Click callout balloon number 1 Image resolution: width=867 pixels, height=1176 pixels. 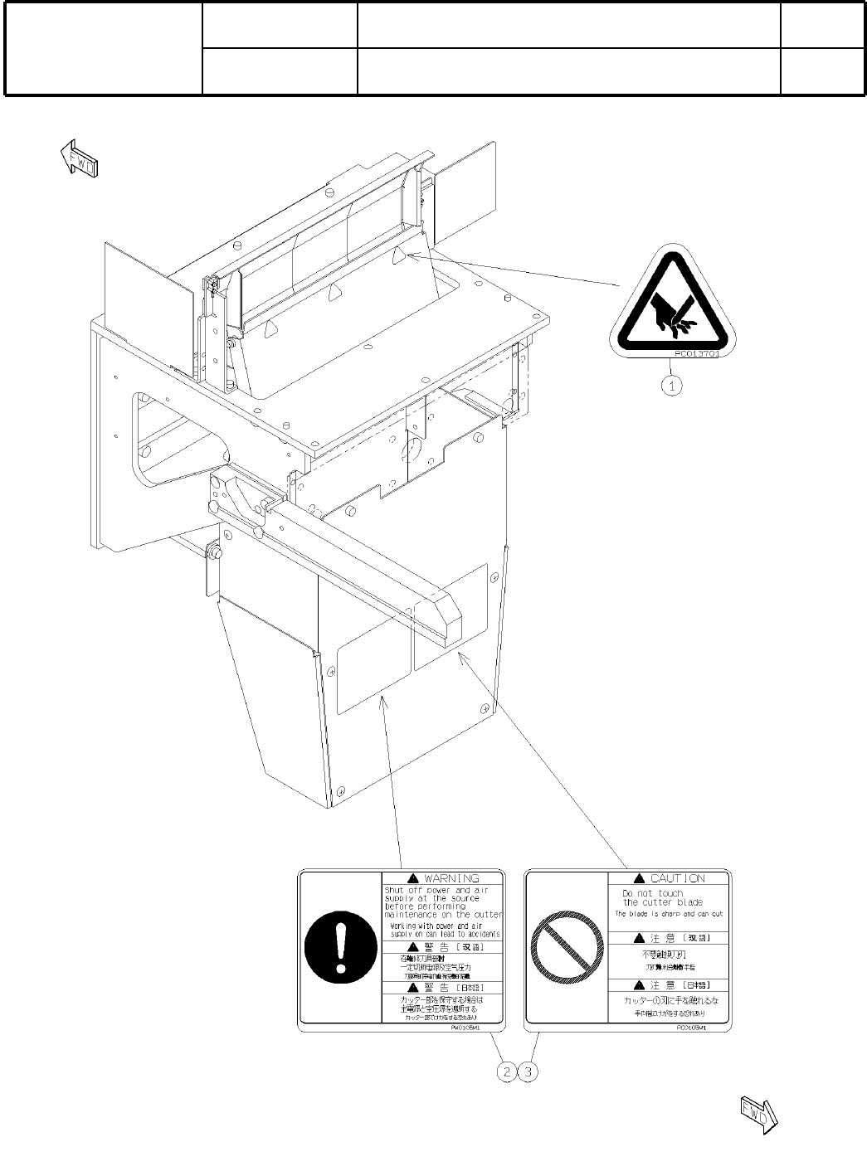(672, 386)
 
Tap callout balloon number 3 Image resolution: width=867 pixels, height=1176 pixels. (528, 1072)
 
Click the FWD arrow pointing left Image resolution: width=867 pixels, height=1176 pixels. (80, 158)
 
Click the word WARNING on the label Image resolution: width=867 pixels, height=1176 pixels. (451, 878)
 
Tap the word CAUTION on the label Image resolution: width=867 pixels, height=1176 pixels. (677, 878)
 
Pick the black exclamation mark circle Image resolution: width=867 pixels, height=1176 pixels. (339, 946)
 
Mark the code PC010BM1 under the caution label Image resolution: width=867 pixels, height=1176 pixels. (690, 1027)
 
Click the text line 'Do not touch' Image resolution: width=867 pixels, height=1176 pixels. (653, 893)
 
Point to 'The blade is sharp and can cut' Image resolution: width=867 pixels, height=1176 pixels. (669, 914)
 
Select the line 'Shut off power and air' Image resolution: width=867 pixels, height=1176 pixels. (436, 890)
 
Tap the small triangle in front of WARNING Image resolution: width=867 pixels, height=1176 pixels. (412, 878)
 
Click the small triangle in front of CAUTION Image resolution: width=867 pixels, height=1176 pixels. (639, 878)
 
